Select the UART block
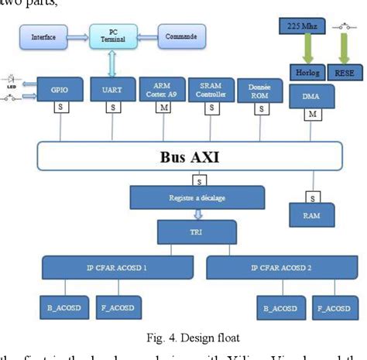click(107, 89)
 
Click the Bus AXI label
click(183, 157)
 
